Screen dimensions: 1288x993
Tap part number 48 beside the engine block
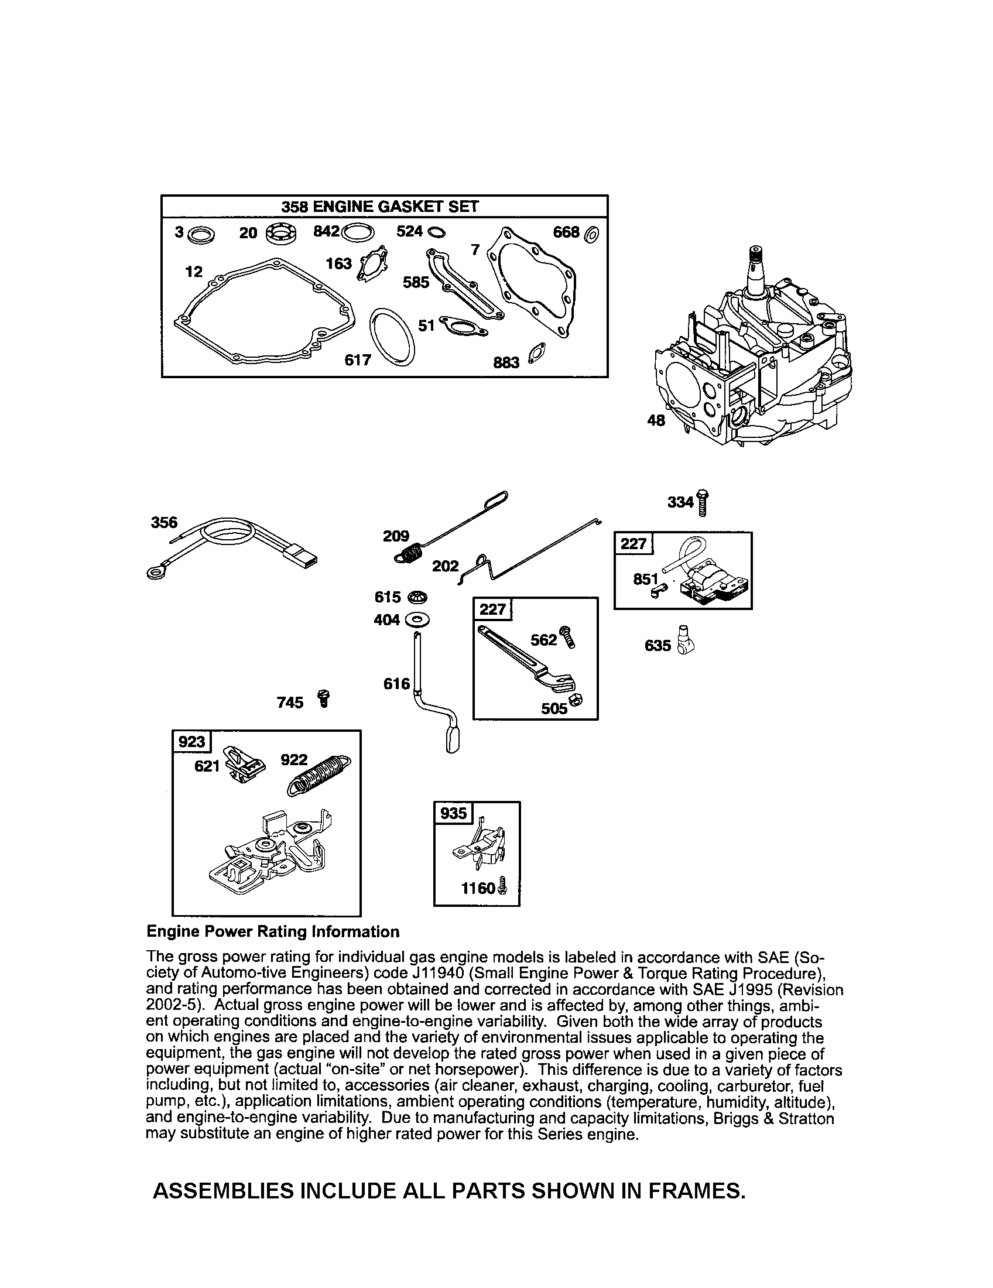click(x=656, y=420)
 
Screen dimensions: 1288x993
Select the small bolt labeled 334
click(x=702, y=502)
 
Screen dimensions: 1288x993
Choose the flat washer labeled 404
click(x=417, y=620)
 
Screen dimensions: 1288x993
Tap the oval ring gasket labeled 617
click(x=392, y=336)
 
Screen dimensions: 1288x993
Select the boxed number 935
click(x=453, y=814)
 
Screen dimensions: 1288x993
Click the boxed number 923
click(x=191, y=741)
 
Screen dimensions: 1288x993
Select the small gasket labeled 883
click(x=537, y=353)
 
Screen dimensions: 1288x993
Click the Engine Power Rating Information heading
click(x=273, y=932)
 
